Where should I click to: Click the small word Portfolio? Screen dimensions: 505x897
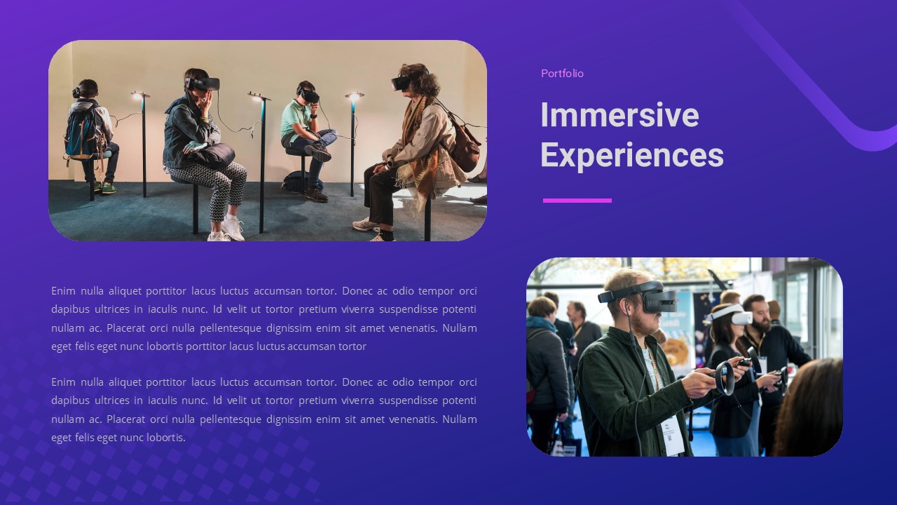[562, 74]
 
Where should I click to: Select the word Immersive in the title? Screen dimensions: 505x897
[619, 115]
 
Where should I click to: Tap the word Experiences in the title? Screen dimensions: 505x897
[631, 155]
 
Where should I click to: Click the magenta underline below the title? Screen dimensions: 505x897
[577, 201]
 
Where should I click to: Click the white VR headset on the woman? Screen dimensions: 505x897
[732, 316]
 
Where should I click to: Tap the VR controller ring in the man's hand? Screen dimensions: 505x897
[726, 378]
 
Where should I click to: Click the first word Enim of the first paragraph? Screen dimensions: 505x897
[63, 291]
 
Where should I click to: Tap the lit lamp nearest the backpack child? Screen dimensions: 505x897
[139, 95]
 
